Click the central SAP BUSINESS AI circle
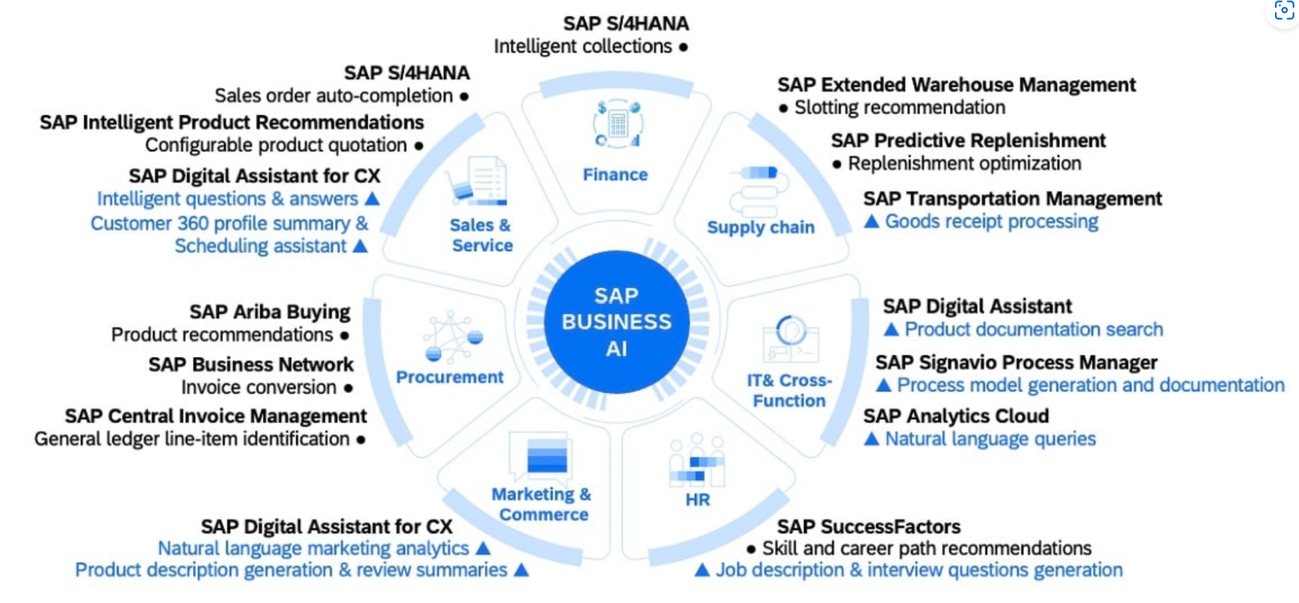(616, 321)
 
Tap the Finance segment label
(615, 175)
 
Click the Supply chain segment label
(760, 227)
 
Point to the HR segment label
(698, 499)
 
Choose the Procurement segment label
(450, 377)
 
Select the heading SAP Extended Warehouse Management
(956, 85)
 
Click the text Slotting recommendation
(899, 108)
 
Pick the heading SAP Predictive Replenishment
(968, 140)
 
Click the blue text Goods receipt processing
(991, 221)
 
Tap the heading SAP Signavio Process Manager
(1016, 362)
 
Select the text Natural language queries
(990, 439)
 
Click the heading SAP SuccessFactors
(868, 526)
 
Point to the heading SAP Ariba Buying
(270, 311)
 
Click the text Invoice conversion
(259, 387)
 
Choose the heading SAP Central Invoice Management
(216, 416)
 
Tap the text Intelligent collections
(583, 46)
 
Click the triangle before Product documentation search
(892, 329)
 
